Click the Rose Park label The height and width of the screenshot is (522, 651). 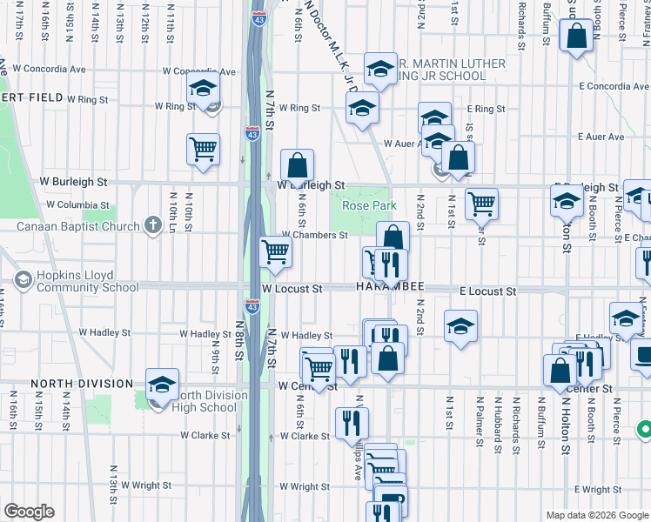pos(369,205)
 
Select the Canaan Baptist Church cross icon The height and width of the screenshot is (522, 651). pos(153,226)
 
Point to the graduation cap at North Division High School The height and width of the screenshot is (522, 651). pos(162,385)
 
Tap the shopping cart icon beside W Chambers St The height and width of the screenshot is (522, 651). pos(276,252)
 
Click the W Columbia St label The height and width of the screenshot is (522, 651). pos(77,204)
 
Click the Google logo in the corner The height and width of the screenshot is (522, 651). pos(29,512)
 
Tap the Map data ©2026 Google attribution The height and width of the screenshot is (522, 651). pos(596,515)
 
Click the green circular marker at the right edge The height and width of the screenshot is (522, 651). pos(644,429)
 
